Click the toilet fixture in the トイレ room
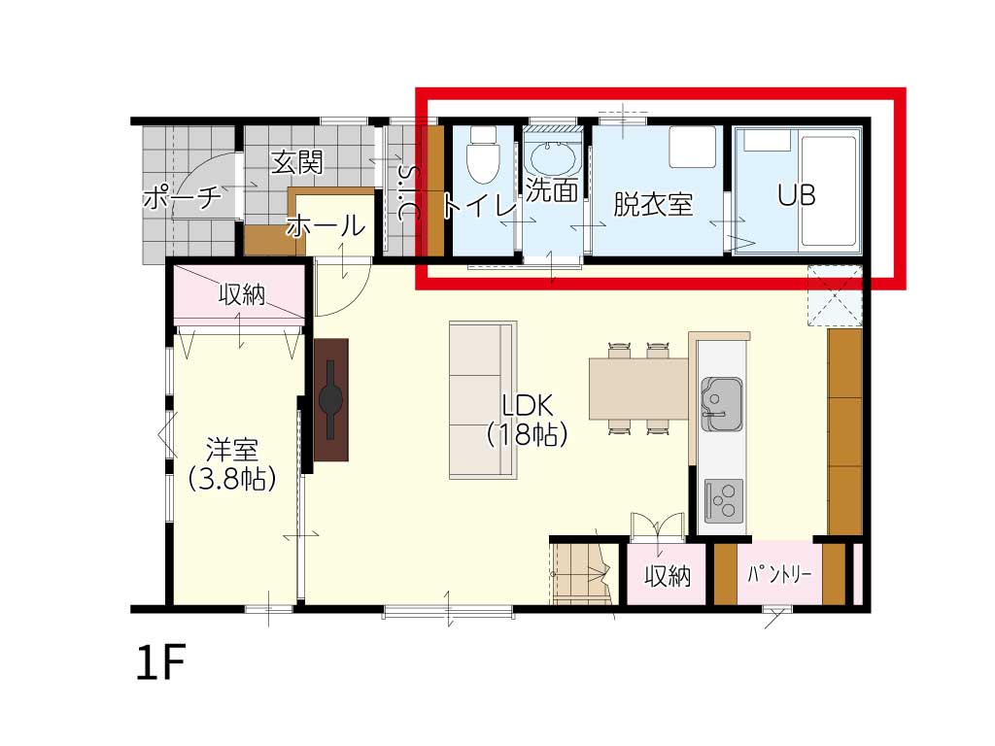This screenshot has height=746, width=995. pyautogui.click(x=483, y=154)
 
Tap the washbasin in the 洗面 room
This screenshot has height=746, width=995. pyautogui.click(x=554, y=159)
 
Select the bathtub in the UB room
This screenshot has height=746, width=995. pyautogui.click(x=830, y=189)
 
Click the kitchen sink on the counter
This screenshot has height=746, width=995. pyautogui.click(x=722, y=404)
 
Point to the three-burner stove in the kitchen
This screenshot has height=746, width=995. pyautogui.click(x=723, y=501)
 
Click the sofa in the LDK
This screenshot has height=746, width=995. pyautogui.click(x=483, y=399)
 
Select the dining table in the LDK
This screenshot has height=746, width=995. pyautogui.click(x=639, y=389)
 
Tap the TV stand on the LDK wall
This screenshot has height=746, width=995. pyautogui.click(x=331, y=399)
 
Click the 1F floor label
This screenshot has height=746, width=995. pyautogui.click(x=160, y=661)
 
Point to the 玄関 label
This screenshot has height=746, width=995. pyautogui.click(x=297, y=162)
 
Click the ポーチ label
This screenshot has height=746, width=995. pyautogui.click(x=182, y=197)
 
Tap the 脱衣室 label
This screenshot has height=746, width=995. pyautogui.click(x=652, y=204)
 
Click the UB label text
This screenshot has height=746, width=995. pyautogui.click(x=797, y=195)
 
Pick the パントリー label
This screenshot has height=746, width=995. pyautogui.click(x=779, y=575)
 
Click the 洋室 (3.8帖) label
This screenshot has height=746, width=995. pyautogui.click(x=232, y=464)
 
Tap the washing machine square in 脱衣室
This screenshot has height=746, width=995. pyautogui.click(x=693, y=148)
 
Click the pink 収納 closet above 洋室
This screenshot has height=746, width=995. pyautogui.click(x=239, y=293)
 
